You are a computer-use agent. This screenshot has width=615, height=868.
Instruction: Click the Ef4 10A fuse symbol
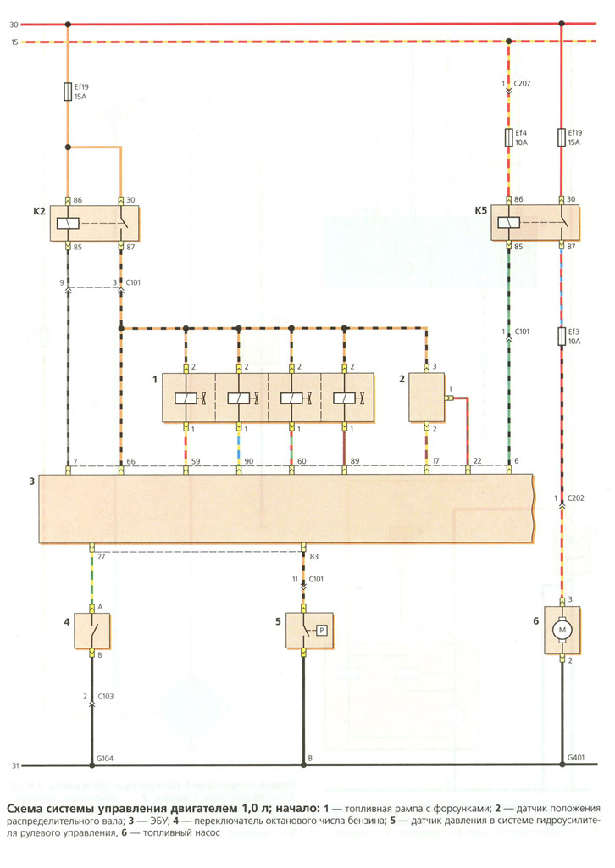(x=509, y=138)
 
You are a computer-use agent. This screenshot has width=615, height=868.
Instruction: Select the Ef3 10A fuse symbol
(x=562, y=337)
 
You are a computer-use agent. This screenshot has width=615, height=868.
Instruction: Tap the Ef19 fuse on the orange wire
(x=68, y=92)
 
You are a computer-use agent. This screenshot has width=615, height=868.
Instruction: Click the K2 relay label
(x=39, y=211)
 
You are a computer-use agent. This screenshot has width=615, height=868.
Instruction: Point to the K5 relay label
(x=480, y=210)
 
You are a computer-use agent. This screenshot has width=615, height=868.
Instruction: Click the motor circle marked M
(x=562, y=631)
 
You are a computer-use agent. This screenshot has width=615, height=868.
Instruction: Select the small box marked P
(x=321, y=630)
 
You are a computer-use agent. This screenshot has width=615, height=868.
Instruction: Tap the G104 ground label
(x=104, y=759)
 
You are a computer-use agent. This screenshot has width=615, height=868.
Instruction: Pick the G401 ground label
(x=576, y=758)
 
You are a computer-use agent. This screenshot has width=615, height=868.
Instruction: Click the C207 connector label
(x=522, y=84)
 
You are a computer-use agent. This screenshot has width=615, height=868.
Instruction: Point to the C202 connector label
(x=576, y=498)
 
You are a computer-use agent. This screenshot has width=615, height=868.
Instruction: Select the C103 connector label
(x=106, y=697)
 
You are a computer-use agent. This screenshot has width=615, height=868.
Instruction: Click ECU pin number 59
(x=196, y=461)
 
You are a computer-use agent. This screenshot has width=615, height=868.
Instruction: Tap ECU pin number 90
(x=249, y=461)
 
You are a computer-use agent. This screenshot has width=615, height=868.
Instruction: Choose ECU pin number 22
(x=477, y=461)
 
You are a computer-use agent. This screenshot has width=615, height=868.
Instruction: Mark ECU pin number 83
(x=314, y=556)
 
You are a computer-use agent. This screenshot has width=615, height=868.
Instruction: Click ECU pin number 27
(x=101, y=556)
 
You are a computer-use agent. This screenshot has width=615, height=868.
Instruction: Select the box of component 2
(x=426, y=398)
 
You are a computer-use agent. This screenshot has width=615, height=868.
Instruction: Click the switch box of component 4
(x=91, y=631)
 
